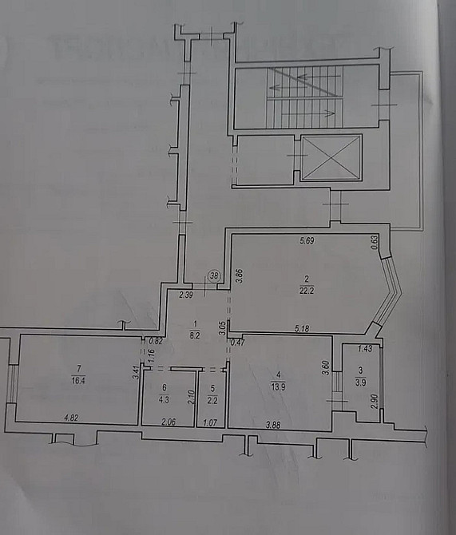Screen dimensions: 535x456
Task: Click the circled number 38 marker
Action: click(x=214, y=275)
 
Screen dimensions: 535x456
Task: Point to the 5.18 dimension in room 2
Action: click(x=302, y=327)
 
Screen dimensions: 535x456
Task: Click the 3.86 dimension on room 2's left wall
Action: click(x=238, y=275)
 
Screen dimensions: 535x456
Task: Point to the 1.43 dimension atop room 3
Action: click(x=365, y=349)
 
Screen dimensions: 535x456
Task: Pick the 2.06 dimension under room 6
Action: click(x=169, y=422)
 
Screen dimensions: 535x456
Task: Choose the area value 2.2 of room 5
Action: click(x=212, y=398)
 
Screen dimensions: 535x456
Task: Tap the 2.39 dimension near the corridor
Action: click(x=186, y=295)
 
